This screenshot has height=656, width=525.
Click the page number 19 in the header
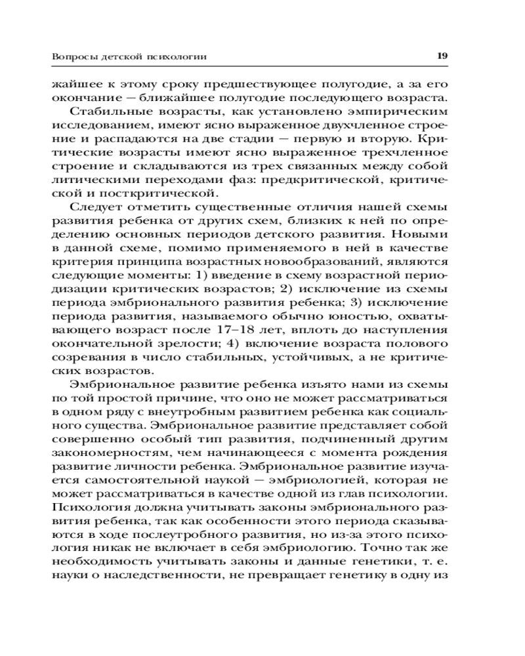442,56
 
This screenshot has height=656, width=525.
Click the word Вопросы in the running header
72,57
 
